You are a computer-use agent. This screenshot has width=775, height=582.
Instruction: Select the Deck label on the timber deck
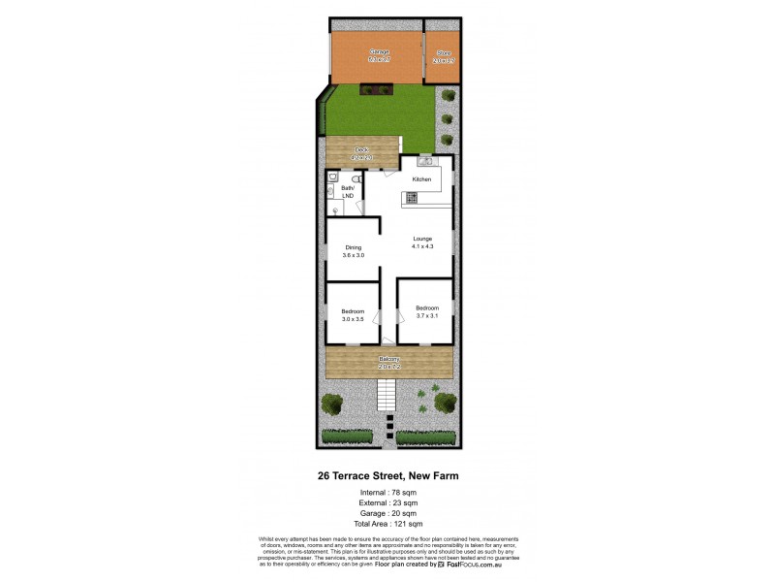point(362,149)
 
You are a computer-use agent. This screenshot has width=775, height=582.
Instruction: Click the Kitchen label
point(421,179)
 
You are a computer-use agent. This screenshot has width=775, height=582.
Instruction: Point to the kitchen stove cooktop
point(412,198)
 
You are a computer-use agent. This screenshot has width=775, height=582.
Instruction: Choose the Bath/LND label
point(347,193)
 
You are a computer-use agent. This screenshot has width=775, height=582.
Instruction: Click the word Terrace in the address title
point(366,475)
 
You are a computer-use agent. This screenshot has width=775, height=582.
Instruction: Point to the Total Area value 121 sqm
point(407,524)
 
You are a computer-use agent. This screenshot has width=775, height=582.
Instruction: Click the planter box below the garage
point(374,89)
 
